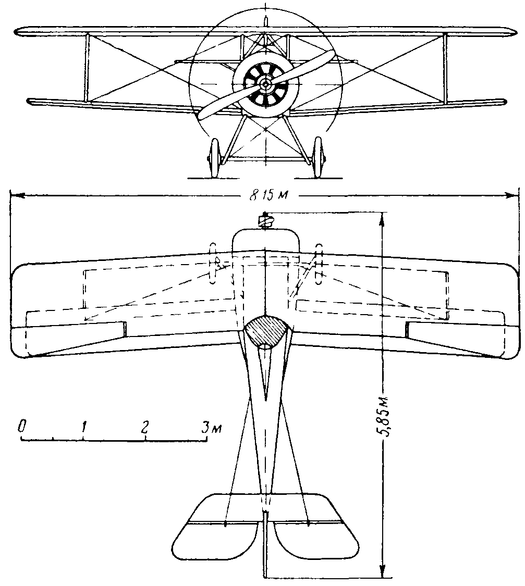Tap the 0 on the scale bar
[22, 427]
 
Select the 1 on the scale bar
[84, 427]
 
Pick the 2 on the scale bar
[144, 427]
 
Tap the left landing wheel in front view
[214, 158]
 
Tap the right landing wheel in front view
[318, 158]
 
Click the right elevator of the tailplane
[315, 542]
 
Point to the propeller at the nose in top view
[266, 221]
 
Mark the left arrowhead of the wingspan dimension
[15, 196]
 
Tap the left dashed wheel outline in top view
[213, 263]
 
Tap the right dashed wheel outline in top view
[319, 263]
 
